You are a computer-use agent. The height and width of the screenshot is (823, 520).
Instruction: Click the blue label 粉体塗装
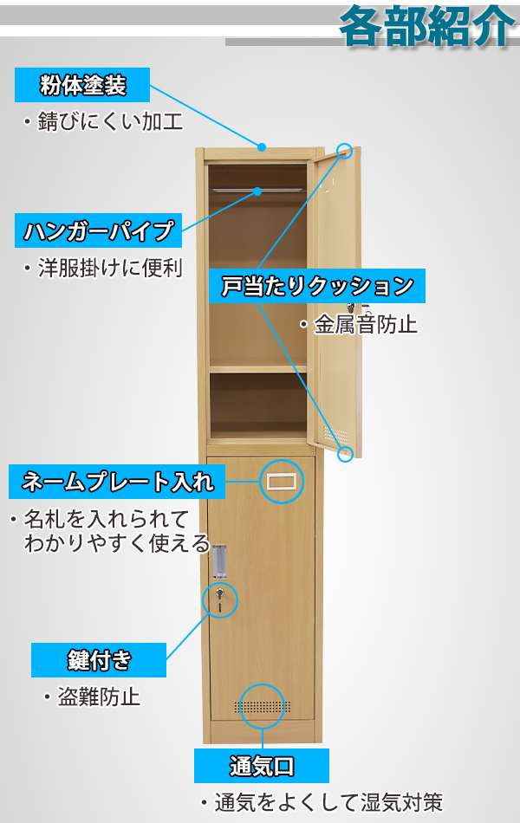tap(82, 86)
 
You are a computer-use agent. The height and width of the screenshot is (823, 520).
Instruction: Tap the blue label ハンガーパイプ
tap(99, 230)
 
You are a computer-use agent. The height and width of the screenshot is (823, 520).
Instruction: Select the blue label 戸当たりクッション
tap(317, 285)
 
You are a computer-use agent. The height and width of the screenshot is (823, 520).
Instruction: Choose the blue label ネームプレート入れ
tap(116, 480)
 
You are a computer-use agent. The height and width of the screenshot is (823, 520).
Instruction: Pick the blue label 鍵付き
tap(98, 659)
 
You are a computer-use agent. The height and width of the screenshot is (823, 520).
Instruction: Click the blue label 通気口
tap(262, 766)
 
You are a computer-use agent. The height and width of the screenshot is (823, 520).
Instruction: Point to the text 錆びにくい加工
tap(109, 122)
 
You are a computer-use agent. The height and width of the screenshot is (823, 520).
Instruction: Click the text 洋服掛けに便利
tap(109, 268)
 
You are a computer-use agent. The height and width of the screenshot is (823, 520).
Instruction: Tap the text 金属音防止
tap(364, 325)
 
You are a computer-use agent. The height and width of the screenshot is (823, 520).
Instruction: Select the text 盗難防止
tap(98, 696)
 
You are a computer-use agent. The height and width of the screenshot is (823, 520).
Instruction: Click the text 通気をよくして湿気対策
tap(326, 802)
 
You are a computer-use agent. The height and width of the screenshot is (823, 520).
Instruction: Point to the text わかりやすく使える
tap(117, 544)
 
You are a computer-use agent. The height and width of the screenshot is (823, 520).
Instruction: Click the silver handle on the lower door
tap(219, 561)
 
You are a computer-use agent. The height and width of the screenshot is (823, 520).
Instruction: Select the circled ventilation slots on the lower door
tap(262, 706)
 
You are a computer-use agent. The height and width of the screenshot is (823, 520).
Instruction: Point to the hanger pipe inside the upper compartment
tap(257, 190)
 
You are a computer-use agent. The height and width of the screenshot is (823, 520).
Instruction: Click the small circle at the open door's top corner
tap(345, 152)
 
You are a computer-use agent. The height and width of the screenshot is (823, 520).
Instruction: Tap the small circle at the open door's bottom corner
tap(345, 452)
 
